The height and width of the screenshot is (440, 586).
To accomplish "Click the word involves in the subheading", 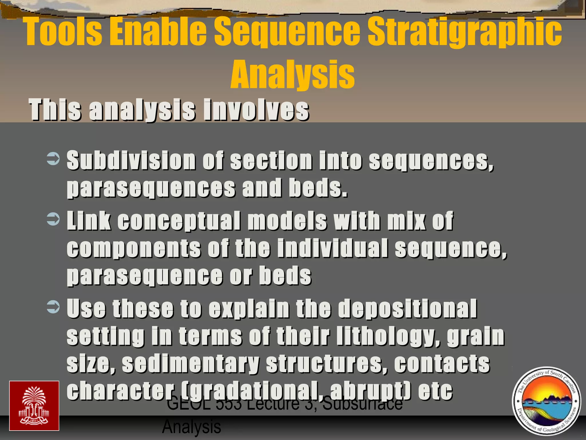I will click(256, 110).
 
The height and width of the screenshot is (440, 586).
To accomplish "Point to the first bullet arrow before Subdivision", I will click(53, 159).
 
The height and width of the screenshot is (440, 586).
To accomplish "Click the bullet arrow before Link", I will click(53, 219).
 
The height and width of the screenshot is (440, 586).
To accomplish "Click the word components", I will click(134, 248).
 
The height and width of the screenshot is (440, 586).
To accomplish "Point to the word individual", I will click(332, 248).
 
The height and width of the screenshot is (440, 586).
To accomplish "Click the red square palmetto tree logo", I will click(34, 406).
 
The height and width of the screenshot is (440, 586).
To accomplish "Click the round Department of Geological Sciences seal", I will click(546, 401).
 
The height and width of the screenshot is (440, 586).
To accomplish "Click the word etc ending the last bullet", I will click(435, 391).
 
